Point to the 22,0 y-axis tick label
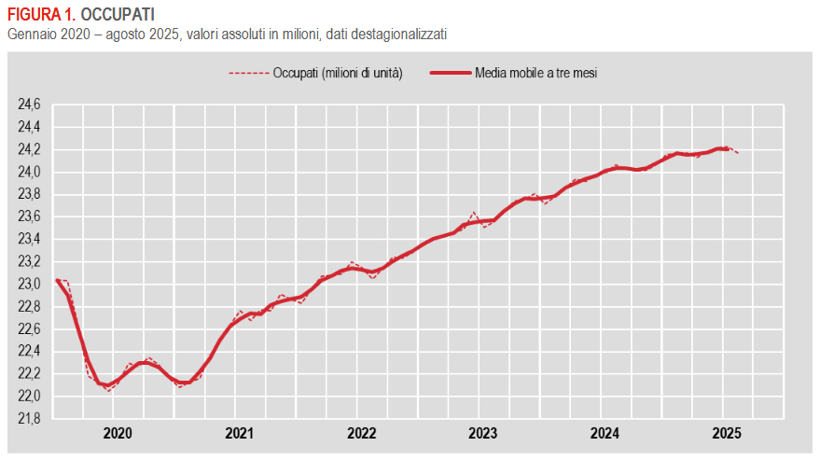point(30,396)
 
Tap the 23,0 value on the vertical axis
point(30,284)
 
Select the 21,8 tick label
point(30,418)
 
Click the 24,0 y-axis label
point(30,172)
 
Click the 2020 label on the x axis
point(118,433)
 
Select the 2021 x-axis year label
point(240,433)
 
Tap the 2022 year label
point(361,433)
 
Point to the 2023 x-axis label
point(482,433)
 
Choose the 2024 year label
point(605,433)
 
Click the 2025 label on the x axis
point(726,433)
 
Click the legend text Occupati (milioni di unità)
point(338,73)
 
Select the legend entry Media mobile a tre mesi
point(535,73)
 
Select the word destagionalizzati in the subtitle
point(396,35)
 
